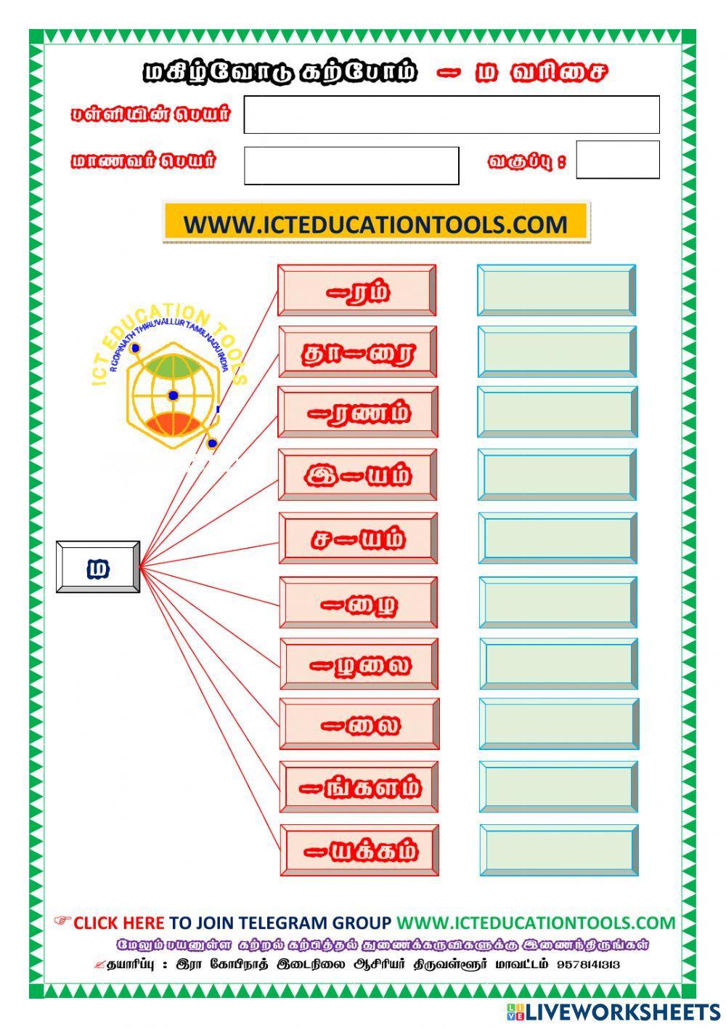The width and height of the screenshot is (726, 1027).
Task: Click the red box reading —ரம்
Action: click(x=357, y=291)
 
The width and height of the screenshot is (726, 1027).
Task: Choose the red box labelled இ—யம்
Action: click(x=358, y=475)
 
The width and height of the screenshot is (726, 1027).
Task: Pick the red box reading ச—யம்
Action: click(x=359, y=538)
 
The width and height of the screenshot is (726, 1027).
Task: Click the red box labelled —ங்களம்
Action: click(x=359, y=787)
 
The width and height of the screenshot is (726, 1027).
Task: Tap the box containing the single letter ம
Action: click(x=98, y=567)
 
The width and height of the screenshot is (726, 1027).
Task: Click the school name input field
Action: click(x=451, y=115)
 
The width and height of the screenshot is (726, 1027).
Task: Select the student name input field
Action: click(x=351, y=166)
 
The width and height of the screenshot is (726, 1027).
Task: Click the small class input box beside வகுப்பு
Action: click(x=617, y=160)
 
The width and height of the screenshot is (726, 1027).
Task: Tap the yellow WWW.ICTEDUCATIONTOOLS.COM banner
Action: click(x=375, y=223)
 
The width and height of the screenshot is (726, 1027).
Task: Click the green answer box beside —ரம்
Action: click(x=557, y=291)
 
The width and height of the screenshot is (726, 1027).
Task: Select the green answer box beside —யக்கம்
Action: click(x=559, y=850)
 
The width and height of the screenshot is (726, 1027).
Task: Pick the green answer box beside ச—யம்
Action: click(x=558, y=538)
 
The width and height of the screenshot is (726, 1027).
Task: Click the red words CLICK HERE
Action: click(x=118, y=923)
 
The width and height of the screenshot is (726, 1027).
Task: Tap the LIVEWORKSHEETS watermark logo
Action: click(x=613, y=1011)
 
